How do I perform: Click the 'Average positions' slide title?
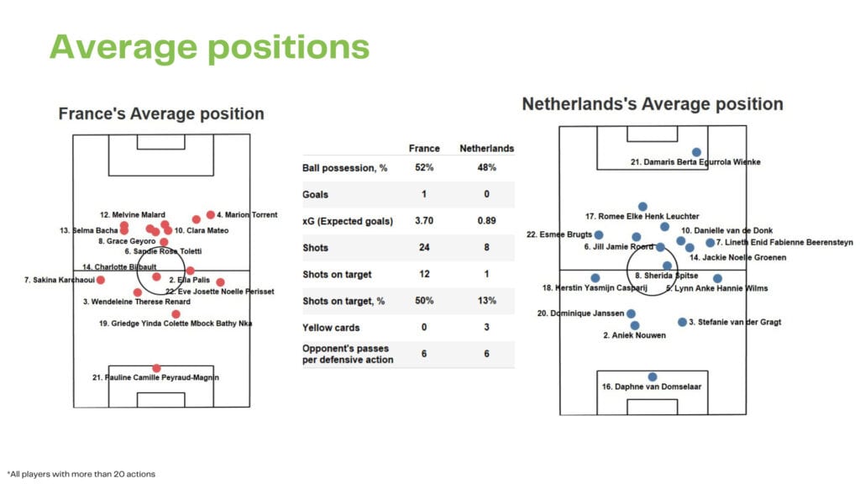coord(209,47)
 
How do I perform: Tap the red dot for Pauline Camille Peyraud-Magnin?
coord(156,368)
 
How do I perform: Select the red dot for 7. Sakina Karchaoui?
coord(100,280)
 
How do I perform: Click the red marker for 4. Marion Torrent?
coord(197,219)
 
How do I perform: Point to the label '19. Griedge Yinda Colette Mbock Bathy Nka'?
coord(176,323)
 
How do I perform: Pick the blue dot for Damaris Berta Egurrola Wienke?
coord(696,152)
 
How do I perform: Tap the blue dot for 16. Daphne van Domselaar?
coord(652,377)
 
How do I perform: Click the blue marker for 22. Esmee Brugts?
coord(599,235)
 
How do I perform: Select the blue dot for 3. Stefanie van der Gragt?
coord(682,322)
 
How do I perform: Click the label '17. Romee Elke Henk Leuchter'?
coord(642,217)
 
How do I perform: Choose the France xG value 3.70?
coord(424,221)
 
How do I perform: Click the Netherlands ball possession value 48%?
coord(486,167)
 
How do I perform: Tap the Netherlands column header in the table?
coord(486,148)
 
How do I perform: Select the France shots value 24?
coord(424,248)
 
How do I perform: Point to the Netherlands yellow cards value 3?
coord(486,328)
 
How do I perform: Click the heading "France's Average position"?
coord(161,113)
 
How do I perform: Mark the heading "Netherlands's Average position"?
coord(653,104)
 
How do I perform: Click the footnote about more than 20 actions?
coord(81,474)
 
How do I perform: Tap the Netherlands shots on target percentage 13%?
coord(486,301)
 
